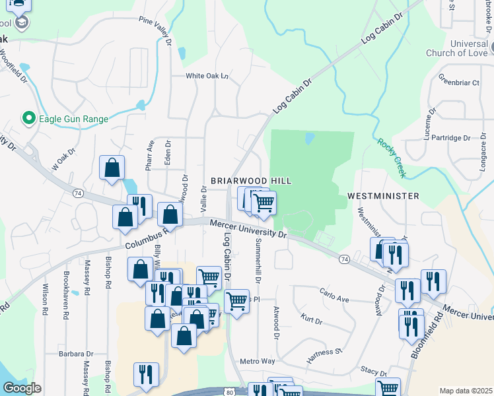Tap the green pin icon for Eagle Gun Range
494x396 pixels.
[x=28, y=119]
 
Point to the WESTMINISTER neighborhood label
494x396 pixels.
[x=383, y=196]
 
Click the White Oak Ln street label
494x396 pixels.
[x=207, y=76]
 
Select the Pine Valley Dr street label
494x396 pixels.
[x=156, y=30]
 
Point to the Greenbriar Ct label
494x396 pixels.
[x=458, y=83]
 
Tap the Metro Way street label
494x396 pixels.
[x=257, y=361]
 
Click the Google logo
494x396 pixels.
[x=22, y=388]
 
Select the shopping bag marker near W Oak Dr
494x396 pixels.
[x=112, y=168]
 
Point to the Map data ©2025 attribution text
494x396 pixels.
[x=466, y=391]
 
